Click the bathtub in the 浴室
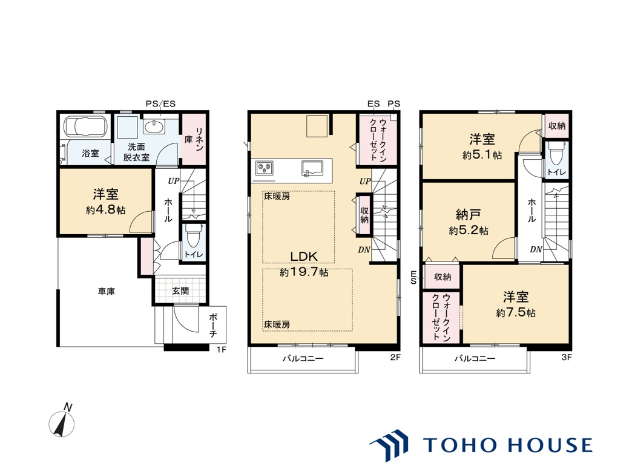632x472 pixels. coord(85,126)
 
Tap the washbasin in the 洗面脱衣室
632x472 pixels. coord(153,127)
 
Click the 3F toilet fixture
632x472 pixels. coord(556,153)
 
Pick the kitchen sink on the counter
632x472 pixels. coord(312,168)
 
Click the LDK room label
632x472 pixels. coord(304,256)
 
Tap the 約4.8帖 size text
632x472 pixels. coord(105,209)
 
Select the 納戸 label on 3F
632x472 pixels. coord(468,214)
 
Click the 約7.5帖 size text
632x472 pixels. coord(516,312)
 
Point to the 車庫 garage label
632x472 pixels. coord(107,291)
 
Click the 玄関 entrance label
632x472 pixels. coord(180,290)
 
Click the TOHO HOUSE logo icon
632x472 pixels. coord(389,445)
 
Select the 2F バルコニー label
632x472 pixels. coord(303,358)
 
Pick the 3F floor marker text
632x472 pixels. coord(566,356)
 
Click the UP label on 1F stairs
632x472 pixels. coord(173,181)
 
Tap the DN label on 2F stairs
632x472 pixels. coord(364,249)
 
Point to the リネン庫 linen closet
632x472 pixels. coord(194,139)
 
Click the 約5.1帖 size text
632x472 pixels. coord(482,155)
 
